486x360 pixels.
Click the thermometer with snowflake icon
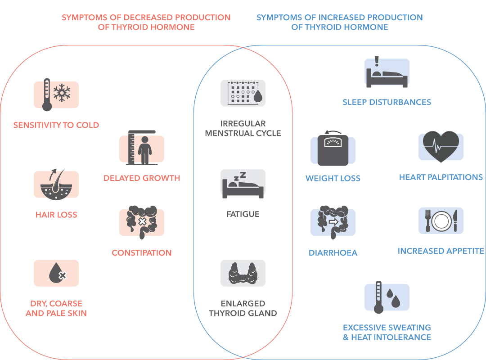click(56, 94)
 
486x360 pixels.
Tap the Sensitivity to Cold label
click(56, 125)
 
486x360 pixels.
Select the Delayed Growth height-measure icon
click(142, 148)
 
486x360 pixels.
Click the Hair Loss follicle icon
click(56, 184)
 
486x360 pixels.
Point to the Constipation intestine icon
click(142, 222)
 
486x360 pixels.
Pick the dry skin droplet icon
click(56, 273)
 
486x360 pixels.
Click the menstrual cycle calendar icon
click(243, 93)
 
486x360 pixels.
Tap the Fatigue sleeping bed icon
click(243, 184)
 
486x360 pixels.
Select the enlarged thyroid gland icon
click(243, 273)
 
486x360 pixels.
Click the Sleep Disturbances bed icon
click(387, 72)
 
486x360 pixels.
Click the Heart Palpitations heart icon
click(441, 147)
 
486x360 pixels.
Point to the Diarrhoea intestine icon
click(333, 222)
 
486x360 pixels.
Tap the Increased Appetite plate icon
click(441, 220)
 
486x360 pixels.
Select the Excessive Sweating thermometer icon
click(387, 297)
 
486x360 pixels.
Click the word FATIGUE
click(243, 214)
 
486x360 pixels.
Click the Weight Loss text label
click(333, 178)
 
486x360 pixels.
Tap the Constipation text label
click(142, 253)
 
